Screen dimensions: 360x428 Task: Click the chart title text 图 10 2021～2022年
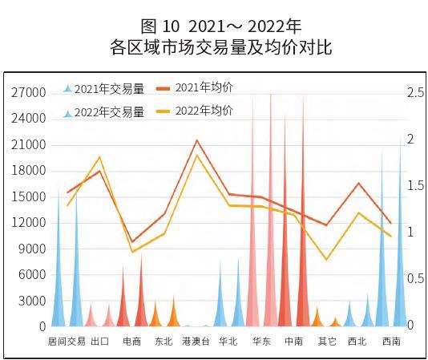(x=213, y=26)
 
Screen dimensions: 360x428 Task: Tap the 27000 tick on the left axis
(x=29, y=93)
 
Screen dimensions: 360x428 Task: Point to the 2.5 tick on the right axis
(x=414, y=93)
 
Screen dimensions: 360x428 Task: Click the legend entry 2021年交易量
(x=109, y=89)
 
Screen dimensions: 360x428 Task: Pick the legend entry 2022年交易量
(x=109, y=112)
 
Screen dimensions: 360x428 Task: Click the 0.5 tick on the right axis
(x=414, y=278)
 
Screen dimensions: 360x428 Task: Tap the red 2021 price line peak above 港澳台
(x=197, y=140)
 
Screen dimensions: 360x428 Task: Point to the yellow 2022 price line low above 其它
(x=326, y=260)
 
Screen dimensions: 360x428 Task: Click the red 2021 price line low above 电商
(x=132, y=241)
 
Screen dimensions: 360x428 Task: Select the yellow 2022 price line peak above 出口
(x=99, y=157)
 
